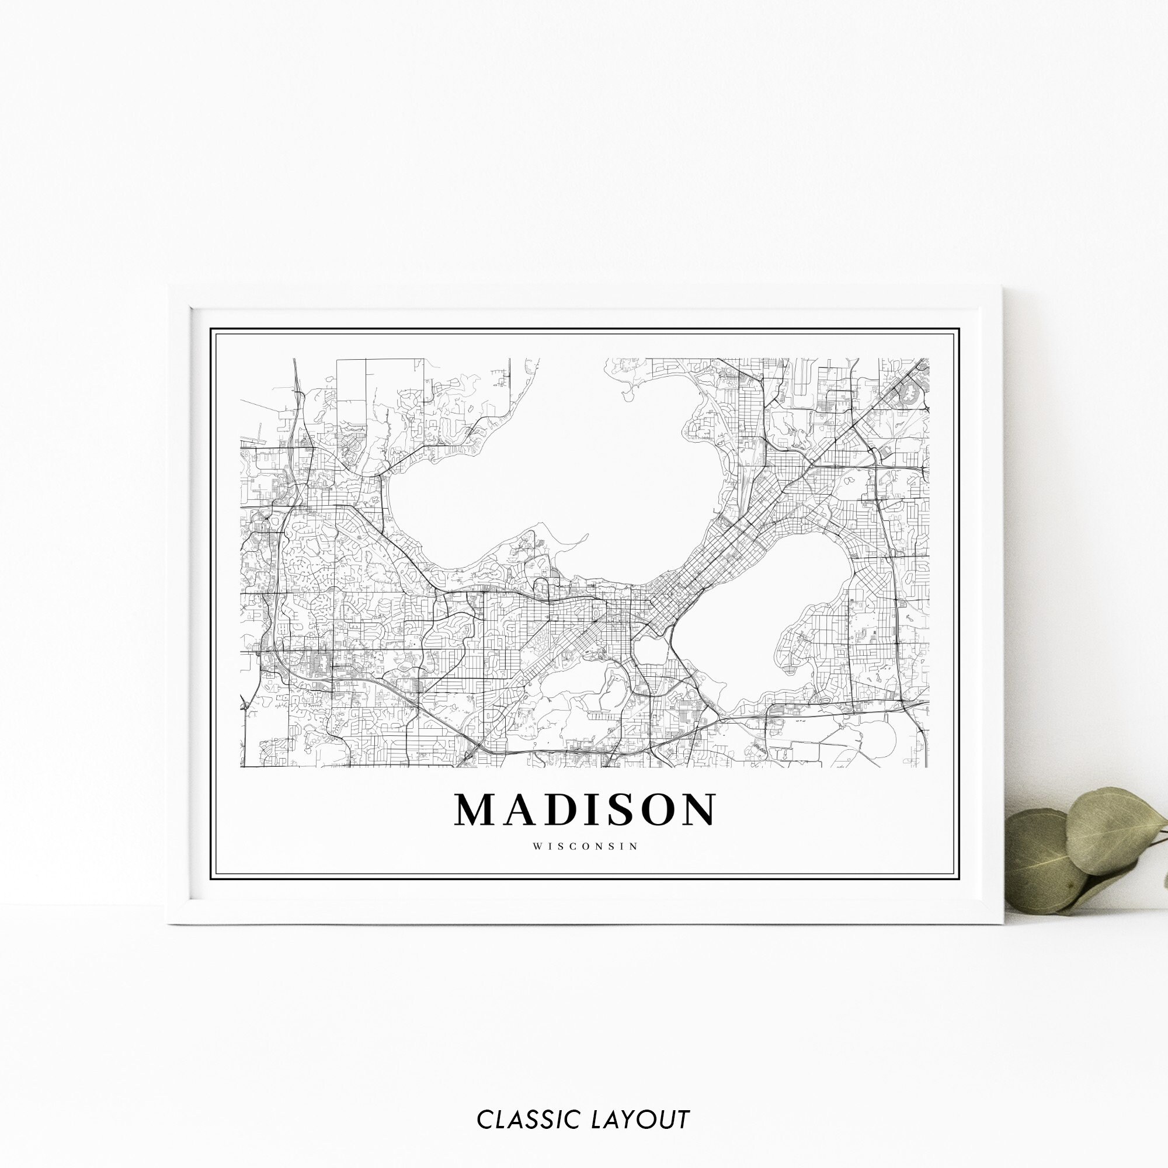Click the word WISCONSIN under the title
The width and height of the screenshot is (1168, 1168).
click(x=585, y=846)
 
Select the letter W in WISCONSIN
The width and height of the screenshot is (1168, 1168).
click(x=537, y=846)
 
